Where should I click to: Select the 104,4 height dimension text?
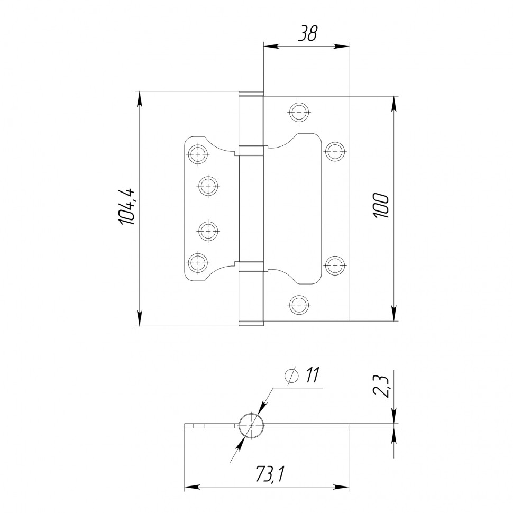pyautogui.click(x=127, y=207)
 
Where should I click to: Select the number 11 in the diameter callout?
pyautogui.click(x=311, y=375)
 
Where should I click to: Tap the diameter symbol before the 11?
pyautogui.click(x=291, y=376)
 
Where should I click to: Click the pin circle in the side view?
pyautogui.click(x=251, y=425)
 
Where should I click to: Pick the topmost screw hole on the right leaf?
pyautogui.click(x=299, y=112)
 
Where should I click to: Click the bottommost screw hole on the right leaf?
pyautogui.click(x=299, y=305)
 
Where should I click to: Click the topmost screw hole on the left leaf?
pyautogui.click(x=198, y=154)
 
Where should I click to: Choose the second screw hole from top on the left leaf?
pyautogui.click(x=208, y=186)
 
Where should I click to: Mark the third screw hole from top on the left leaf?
pyautogui.click(x=208, y=231)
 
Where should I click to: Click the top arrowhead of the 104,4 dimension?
pyautogui.click(x=139, y=98)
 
